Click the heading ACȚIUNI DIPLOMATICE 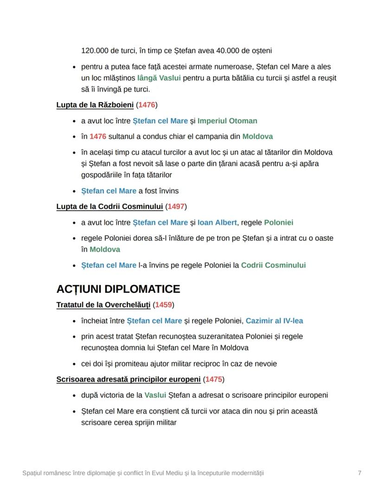coord(118,289)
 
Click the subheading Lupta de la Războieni coord(95,105)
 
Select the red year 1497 coord(176,207)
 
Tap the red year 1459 coord(163,305)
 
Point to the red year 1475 coord(213,379)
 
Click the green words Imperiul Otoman coord(227,121)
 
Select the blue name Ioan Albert coord(217,222)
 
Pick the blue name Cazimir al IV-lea coord(274,321)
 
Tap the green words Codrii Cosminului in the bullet coord(273,265)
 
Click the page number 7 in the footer coord(359,473)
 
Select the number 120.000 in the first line coord(95,51)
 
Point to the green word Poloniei coord(278,222)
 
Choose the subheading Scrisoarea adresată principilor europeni coord(128,379)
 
